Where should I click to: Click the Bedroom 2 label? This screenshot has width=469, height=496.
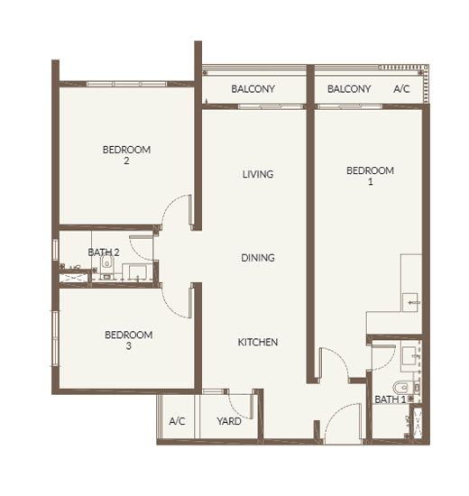[x=126, y=155]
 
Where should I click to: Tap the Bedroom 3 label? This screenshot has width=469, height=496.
[x=128, y=340]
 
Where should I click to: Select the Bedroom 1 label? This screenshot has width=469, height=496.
[x=370, y=176]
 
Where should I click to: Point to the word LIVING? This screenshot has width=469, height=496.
[x=258, y=174]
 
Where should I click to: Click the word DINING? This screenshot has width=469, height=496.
[x=258, y=258]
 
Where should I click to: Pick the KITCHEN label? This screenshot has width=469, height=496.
[x=258, y=342]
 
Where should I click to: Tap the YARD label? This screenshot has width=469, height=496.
[x=229, y=421]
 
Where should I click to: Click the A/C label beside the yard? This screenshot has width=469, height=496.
[x=177, y=421]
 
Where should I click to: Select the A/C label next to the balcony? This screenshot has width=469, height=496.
[x=401, y=89]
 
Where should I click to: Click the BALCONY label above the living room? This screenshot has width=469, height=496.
[x=253, y=89]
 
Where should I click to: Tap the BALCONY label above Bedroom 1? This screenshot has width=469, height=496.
[x=349, y=89]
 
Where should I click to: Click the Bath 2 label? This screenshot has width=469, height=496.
[x=104, y=253]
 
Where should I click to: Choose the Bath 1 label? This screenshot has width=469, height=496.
[x=391, y=400]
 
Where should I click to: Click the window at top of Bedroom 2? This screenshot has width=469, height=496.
[x=126, y=84]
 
